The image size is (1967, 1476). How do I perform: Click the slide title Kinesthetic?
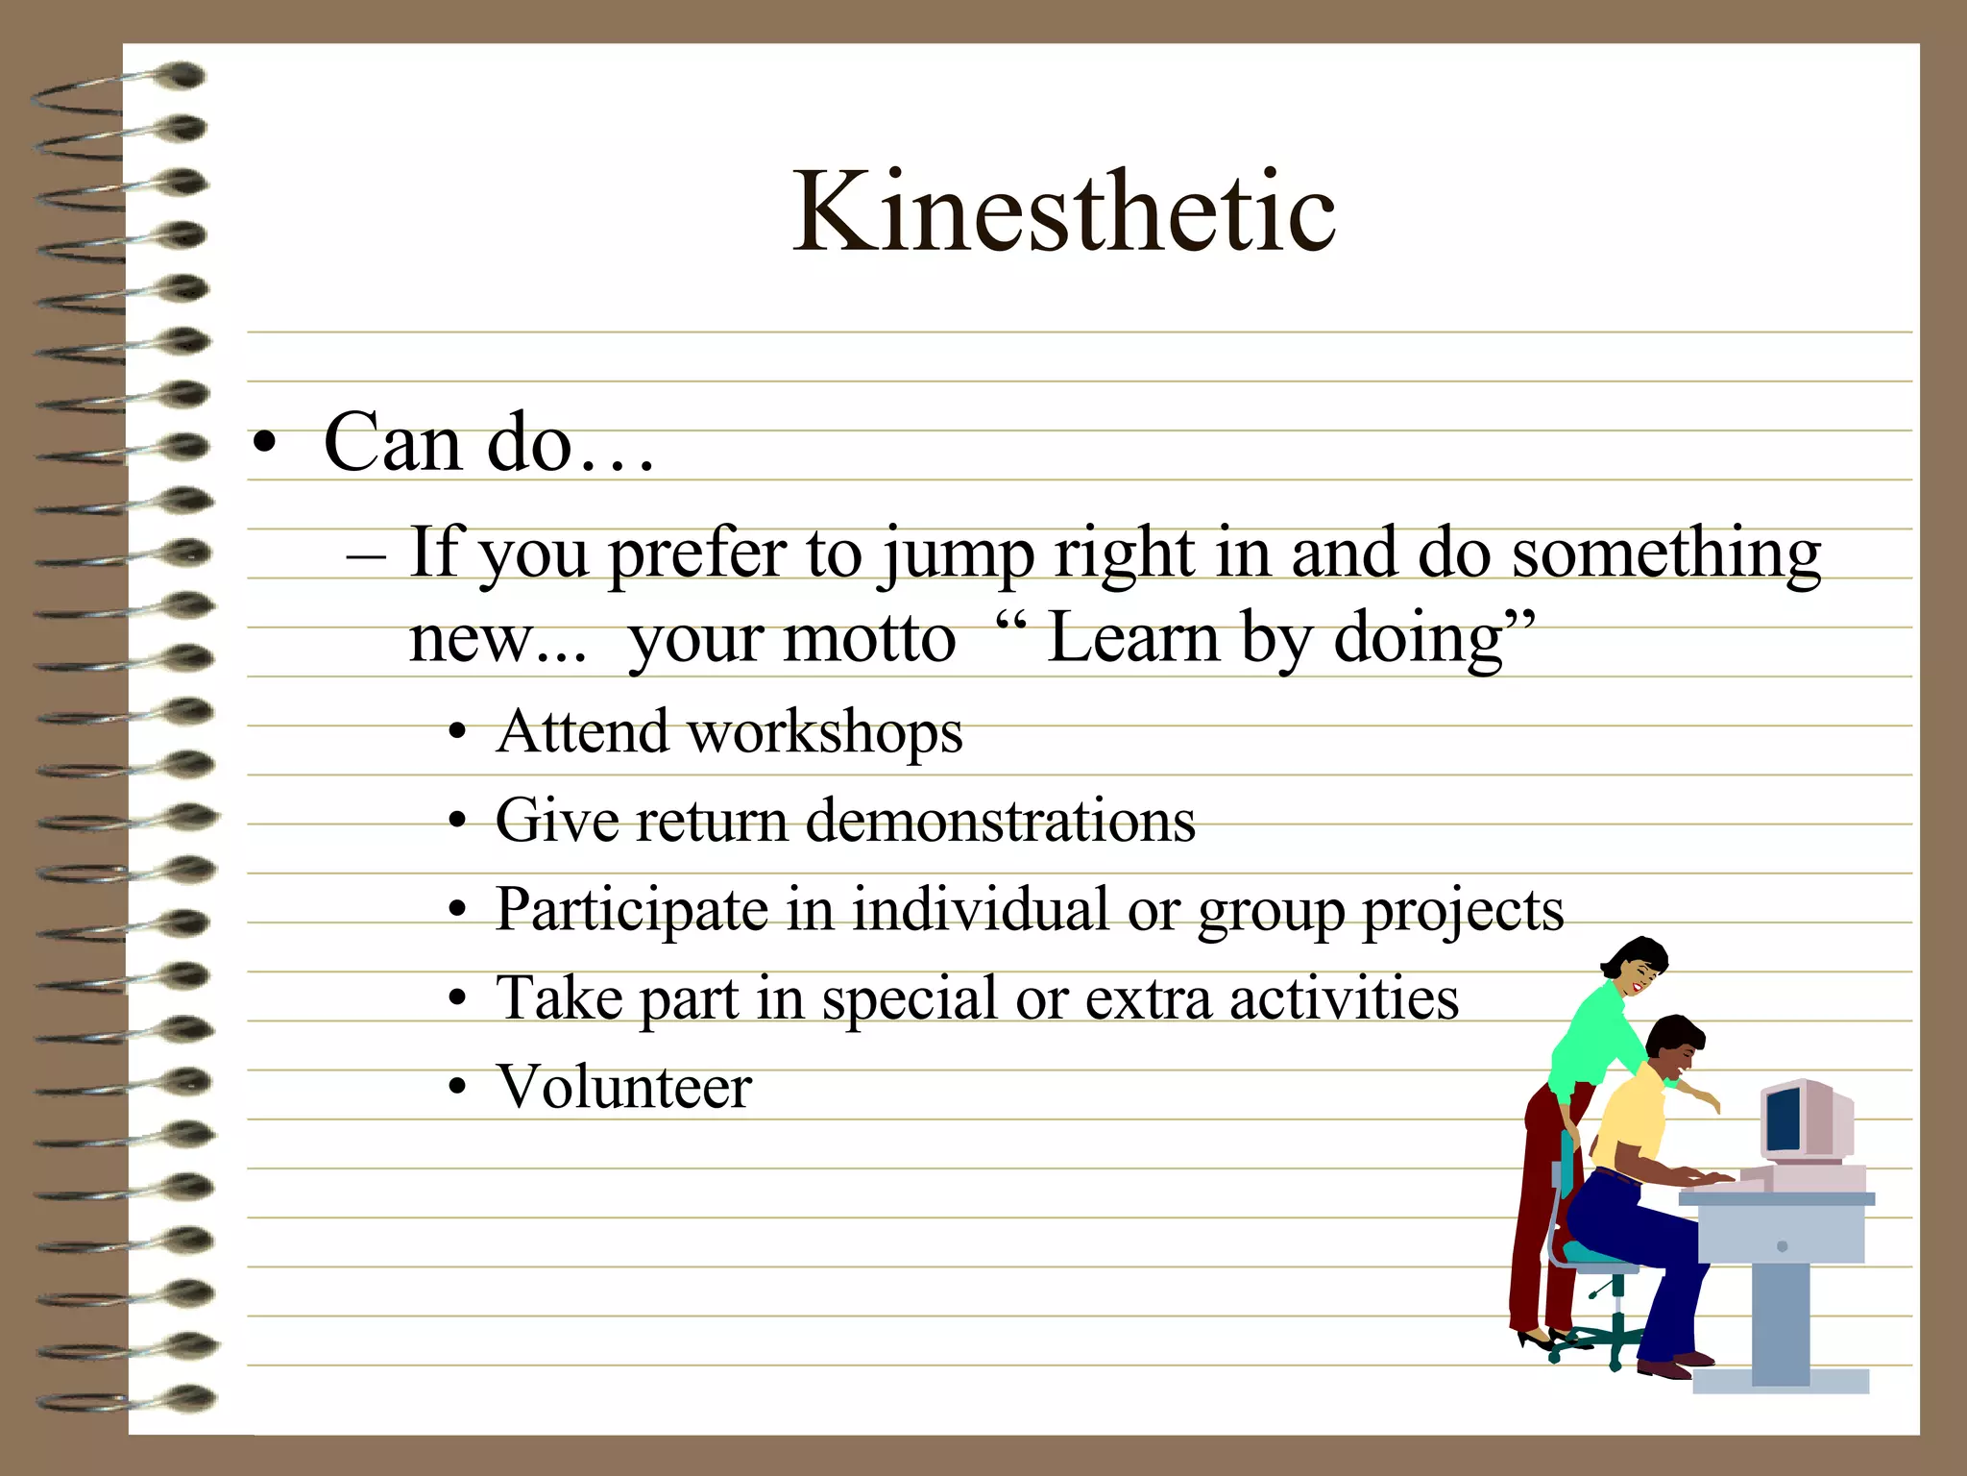[1063, 211]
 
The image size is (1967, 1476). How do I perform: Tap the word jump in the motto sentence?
[957, 555]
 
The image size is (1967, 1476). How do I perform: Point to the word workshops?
[825, 733]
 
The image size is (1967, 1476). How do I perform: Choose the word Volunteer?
[623, 1088]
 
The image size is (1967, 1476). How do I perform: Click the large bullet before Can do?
[265, 446]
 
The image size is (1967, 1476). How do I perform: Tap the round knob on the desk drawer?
[1783, 1246]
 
